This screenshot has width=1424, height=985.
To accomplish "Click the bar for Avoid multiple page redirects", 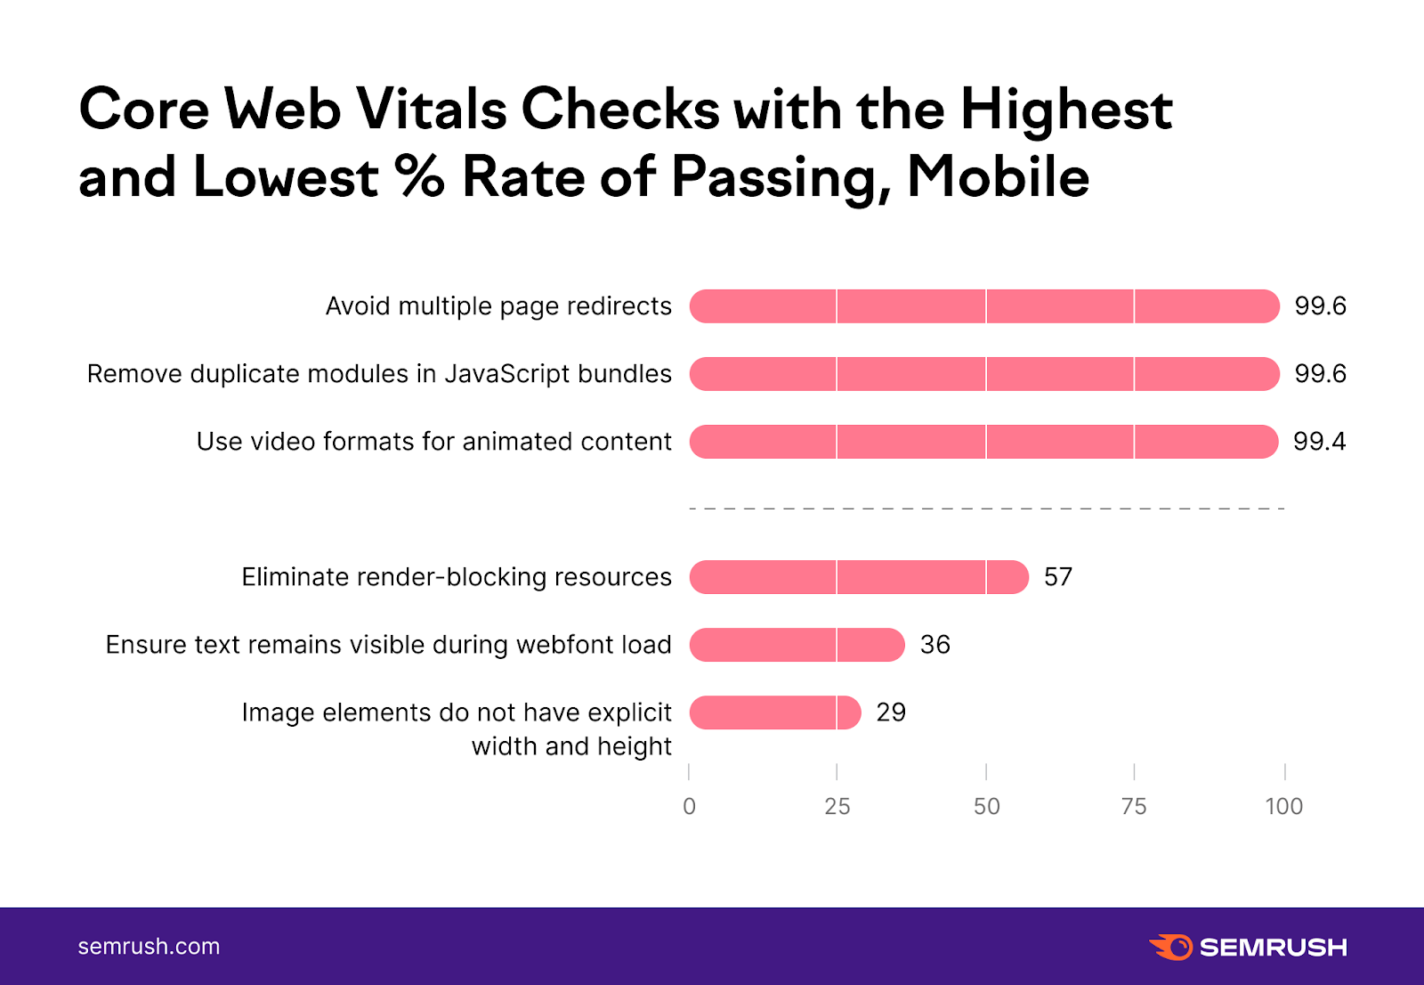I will coord(984,306).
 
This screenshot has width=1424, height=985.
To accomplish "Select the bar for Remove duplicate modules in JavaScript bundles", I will coord(984,374).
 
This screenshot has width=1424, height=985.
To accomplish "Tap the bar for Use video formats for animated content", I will coord(983,442).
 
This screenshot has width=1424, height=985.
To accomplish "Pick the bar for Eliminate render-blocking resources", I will coord(859,577).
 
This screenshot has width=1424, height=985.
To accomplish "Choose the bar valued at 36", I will coord(797,645).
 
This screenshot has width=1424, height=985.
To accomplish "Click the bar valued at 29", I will coord(775,712).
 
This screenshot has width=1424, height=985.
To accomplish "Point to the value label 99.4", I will coord(1319,442).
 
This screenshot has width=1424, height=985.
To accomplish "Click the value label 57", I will coord(1058,577).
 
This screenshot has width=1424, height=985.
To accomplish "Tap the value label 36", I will coord(934,645).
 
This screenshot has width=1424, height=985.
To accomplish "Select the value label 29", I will coord(891,712).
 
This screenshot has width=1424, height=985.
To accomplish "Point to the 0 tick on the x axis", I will coord(689,806).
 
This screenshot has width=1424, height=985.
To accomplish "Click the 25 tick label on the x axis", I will coord(837,806).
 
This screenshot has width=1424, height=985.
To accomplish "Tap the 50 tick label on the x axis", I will coord(986,806).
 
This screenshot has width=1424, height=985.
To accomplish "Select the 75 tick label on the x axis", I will coord(1134,806).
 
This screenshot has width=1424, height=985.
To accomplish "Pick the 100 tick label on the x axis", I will coord(1283,806).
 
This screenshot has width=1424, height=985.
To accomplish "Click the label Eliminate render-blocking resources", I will coord(457,577).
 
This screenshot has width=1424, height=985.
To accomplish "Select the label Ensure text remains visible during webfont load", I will coord(388,645).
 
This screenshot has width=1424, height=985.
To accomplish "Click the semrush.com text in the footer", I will coord(149,946).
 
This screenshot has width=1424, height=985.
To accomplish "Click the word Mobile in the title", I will coord(998,176).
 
